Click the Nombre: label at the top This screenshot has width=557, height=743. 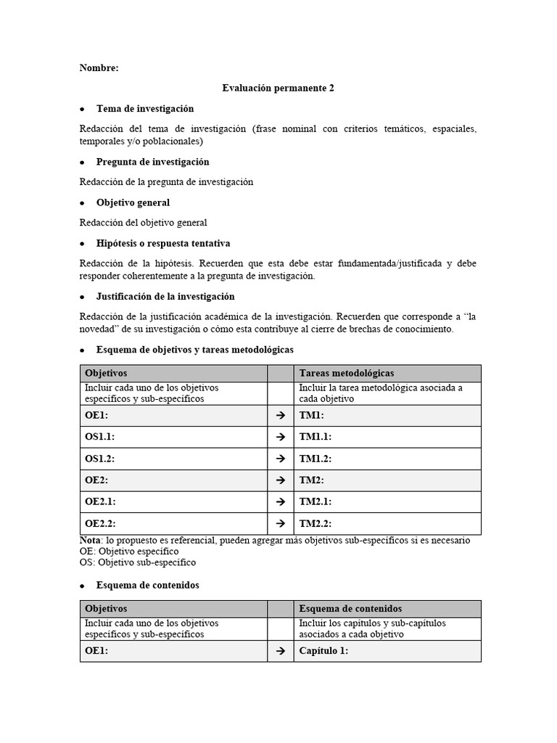point(99,68)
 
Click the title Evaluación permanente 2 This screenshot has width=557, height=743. point(278,88)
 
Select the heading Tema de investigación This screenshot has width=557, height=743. point(145,109)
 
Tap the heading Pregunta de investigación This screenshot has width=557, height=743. point(152,162)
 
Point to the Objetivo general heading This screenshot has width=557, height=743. point(133,202)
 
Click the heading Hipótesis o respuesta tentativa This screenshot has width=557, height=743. point(163,243)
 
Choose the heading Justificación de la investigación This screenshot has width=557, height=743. point(165,297)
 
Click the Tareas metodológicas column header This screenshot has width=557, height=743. point(347,373)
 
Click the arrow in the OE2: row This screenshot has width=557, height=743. point(280,481)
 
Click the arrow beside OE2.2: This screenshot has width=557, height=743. point(280,524)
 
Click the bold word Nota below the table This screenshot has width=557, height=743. point(91,541)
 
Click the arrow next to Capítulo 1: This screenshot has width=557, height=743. point(280,652)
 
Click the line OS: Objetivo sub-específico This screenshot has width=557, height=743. point(137,562)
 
